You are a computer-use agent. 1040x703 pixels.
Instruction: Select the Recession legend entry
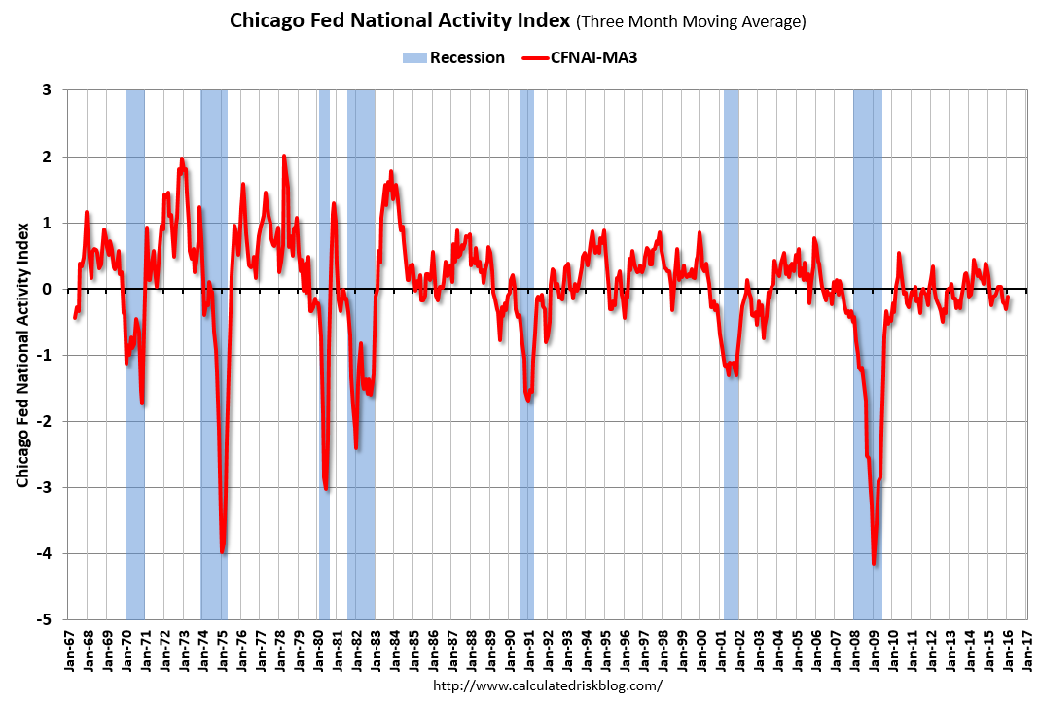click(453, 57)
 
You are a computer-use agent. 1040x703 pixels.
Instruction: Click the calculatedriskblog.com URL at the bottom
click(547, 685)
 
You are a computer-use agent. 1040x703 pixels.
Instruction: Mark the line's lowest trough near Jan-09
click(874, 563)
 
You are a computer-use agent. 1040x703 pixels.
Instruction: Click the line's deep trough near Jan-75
click(223, 551)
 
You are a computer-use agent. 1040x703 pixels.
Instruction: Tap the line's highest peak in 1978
click(284, 156)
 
